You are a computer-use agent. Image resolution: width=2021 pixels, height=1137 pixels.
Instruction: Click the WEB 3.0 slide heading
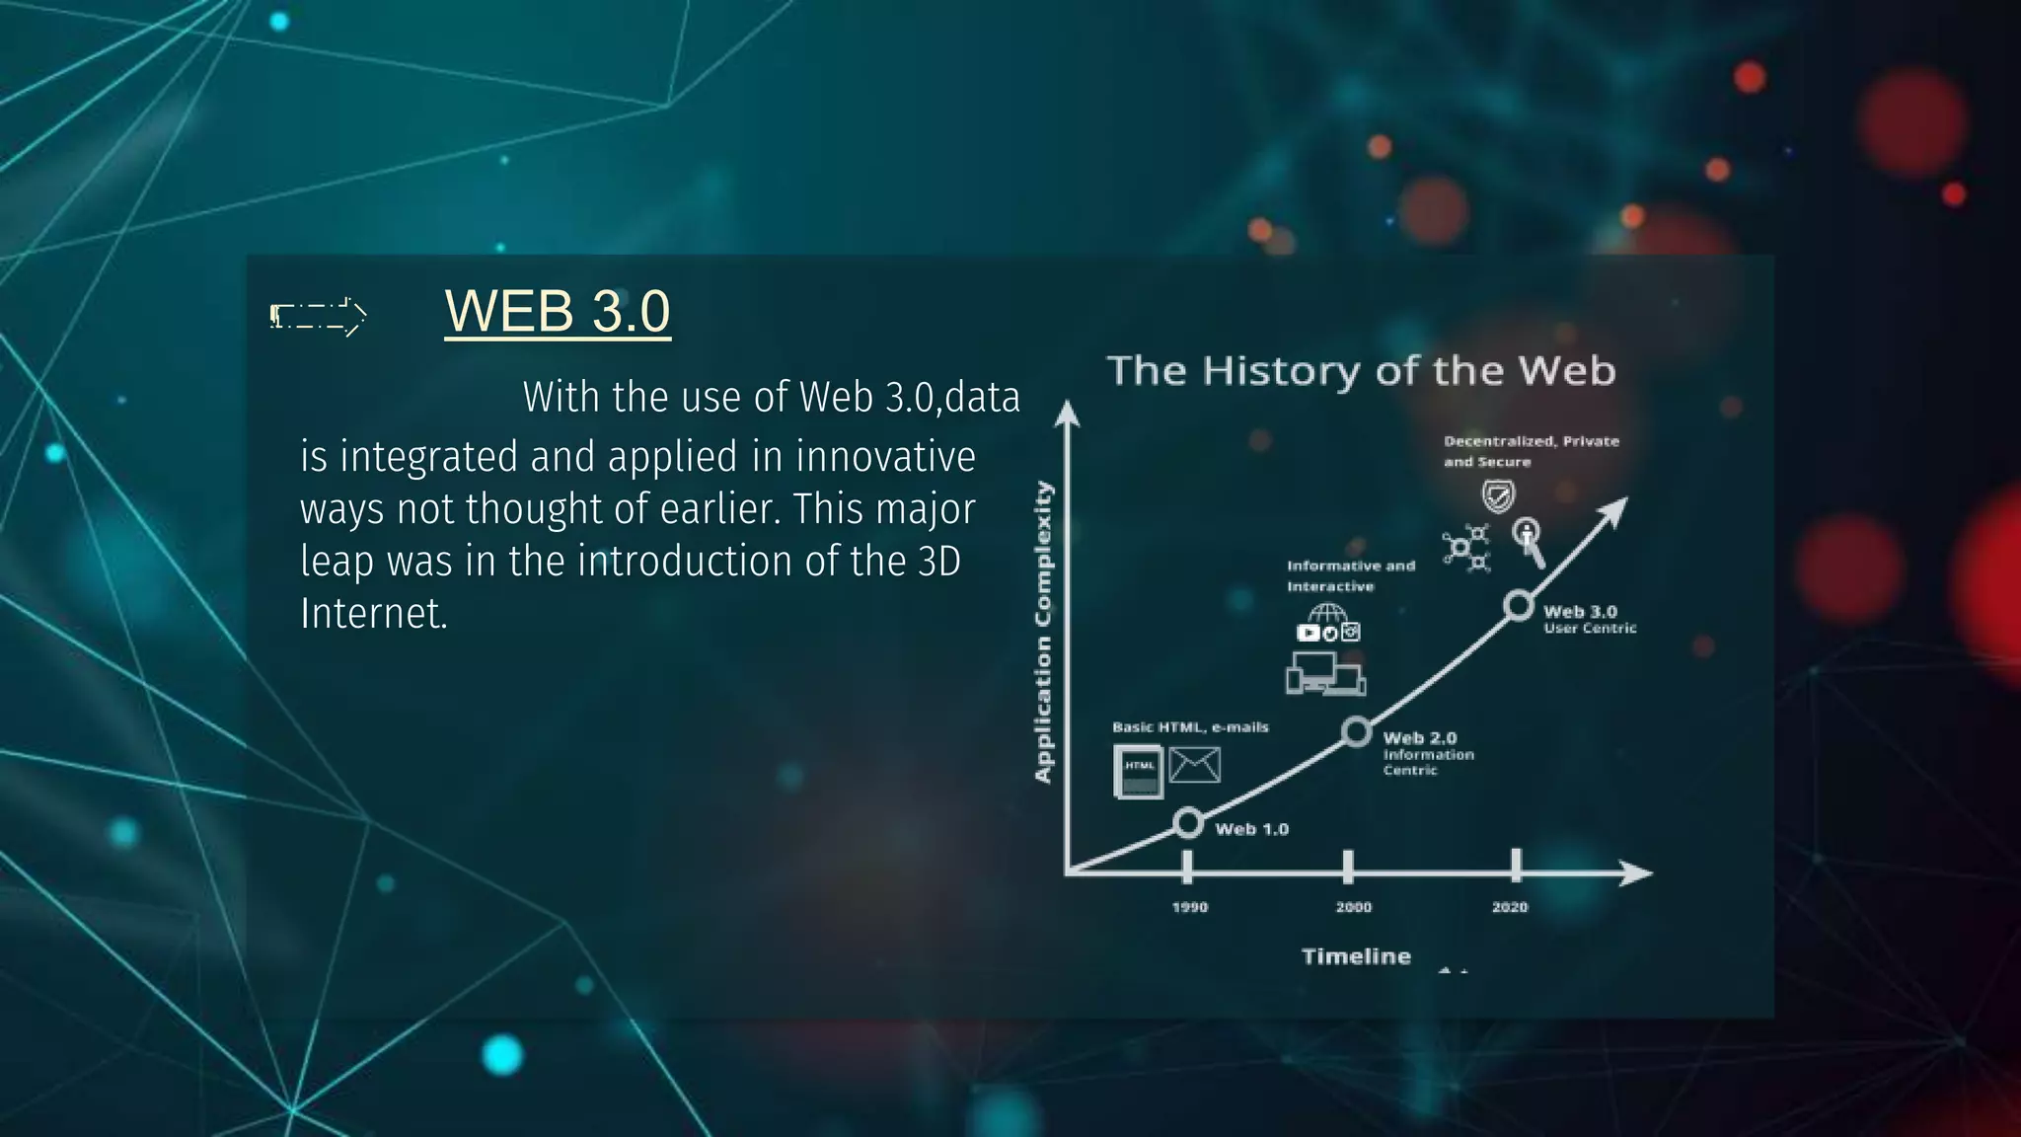[558, 311]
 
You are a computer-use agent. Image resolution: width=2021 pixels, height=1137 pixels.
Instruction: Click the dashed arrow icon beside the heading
[319, 316]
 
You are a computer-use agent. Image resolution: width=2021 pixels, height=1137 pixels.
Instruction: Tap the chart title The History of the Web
[1361, 371]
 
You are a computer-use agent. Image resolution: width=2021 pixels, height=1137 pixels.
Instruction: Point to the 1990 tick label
[1189, 907]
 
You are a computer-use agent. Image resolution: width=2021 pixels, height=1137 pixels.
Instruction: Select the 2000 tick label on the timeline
[1353, 907]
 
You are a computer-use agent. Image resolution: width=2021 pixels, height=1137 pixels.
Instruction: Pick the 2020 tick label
[1510, 907]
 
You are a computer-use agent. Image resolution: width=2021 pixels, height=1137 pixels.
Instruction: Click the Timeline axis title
[1356, 956]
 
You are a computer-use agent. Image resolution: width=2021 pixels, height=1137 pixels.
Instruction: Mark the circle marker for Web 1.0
[1189, 822]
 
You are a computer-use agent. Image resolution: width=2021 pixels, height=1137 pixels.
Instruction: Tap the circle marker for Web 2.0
[1357, 732]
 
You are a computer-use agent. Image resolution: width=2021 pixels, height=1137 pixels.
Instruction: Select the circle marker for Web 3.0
[1519, 605]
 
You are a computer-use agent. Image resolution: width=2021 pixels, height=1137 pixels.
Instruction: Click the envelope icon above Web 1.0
[1194, 765]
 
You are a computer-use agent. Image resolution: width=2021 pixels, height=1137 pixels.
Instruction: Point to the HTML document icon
[1138, 770]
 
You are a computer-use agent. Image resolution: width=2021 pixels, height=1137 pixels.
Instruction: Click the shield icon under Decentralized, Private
[1498, 495]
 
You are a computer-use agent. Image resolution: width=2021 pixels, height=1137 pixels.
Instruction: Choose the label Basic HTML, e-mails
[1190, 727]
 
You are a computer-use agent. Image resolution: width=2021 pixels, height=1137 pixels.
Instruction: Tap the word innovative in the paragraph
[885, 457]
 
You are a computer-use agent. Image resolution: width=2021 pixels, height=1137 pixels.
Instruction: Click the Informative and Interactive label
[1350, 575]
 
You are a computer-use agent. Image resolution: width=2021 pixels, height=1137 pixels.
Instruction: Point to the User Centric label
[1590, 629]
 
